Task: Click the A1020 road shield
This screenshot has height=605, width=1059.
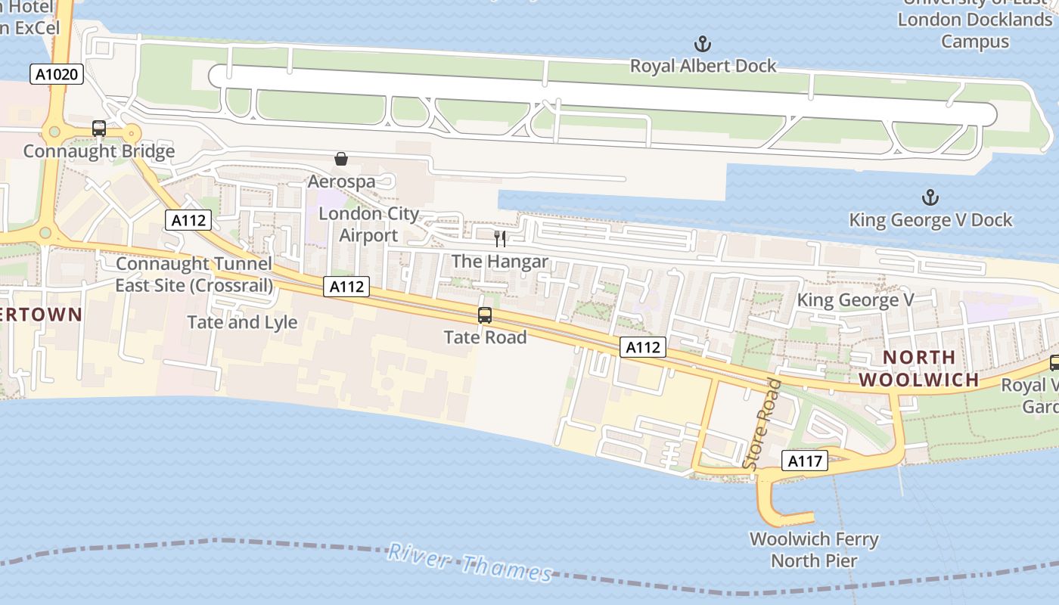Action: click(x=57, y=74)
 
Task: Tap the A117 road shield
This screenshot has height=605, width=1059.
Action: click(x=805, y=461)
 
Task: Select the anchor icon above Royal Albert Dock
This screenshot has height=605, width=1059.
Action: click(x=703, y=44)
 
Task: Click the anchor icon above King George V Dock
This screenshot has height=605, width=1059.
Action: click(x=930, y=198)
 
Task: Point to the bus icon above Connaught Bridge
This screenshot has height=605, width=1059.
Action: click(x=99, y=129)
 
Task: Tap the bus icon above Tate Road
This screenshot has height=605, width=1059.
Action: click(x=485, y=315)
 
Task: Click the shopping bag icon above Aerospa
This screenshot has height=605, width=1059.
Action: click(x=341, y=159)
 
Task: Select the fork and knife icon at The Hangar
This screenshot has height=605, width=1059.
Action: click(x=499, y=239)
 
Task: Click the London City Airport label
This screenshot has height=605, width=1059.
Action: click(x=368, y=225)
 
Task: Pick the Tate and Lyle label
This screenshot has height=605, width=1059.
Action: click(x=242, y=322)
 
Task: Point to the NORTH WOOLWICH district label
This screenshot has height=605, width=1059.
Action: click(x=920, y=368)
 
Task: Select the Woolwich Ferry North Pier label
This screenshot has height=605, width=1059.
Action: click(x=814, y=550)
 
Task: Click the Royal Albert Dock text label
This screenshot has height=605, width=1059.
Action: click(x=703, y=67)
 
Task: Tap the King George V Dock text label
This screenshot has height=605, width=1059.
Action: click(x=930, y=220)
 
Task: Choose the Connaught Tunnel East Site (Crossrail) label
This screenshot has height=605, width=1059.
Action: click(x=194, y=275)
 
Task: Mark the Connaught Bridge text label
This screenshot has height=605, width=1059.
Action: click(x=99, y=151)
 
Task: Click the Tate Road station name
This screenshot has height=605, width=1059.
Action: click(x=485, y=337)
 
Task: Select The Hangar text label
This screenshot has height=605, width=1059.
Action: click(x=499, y=262)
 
